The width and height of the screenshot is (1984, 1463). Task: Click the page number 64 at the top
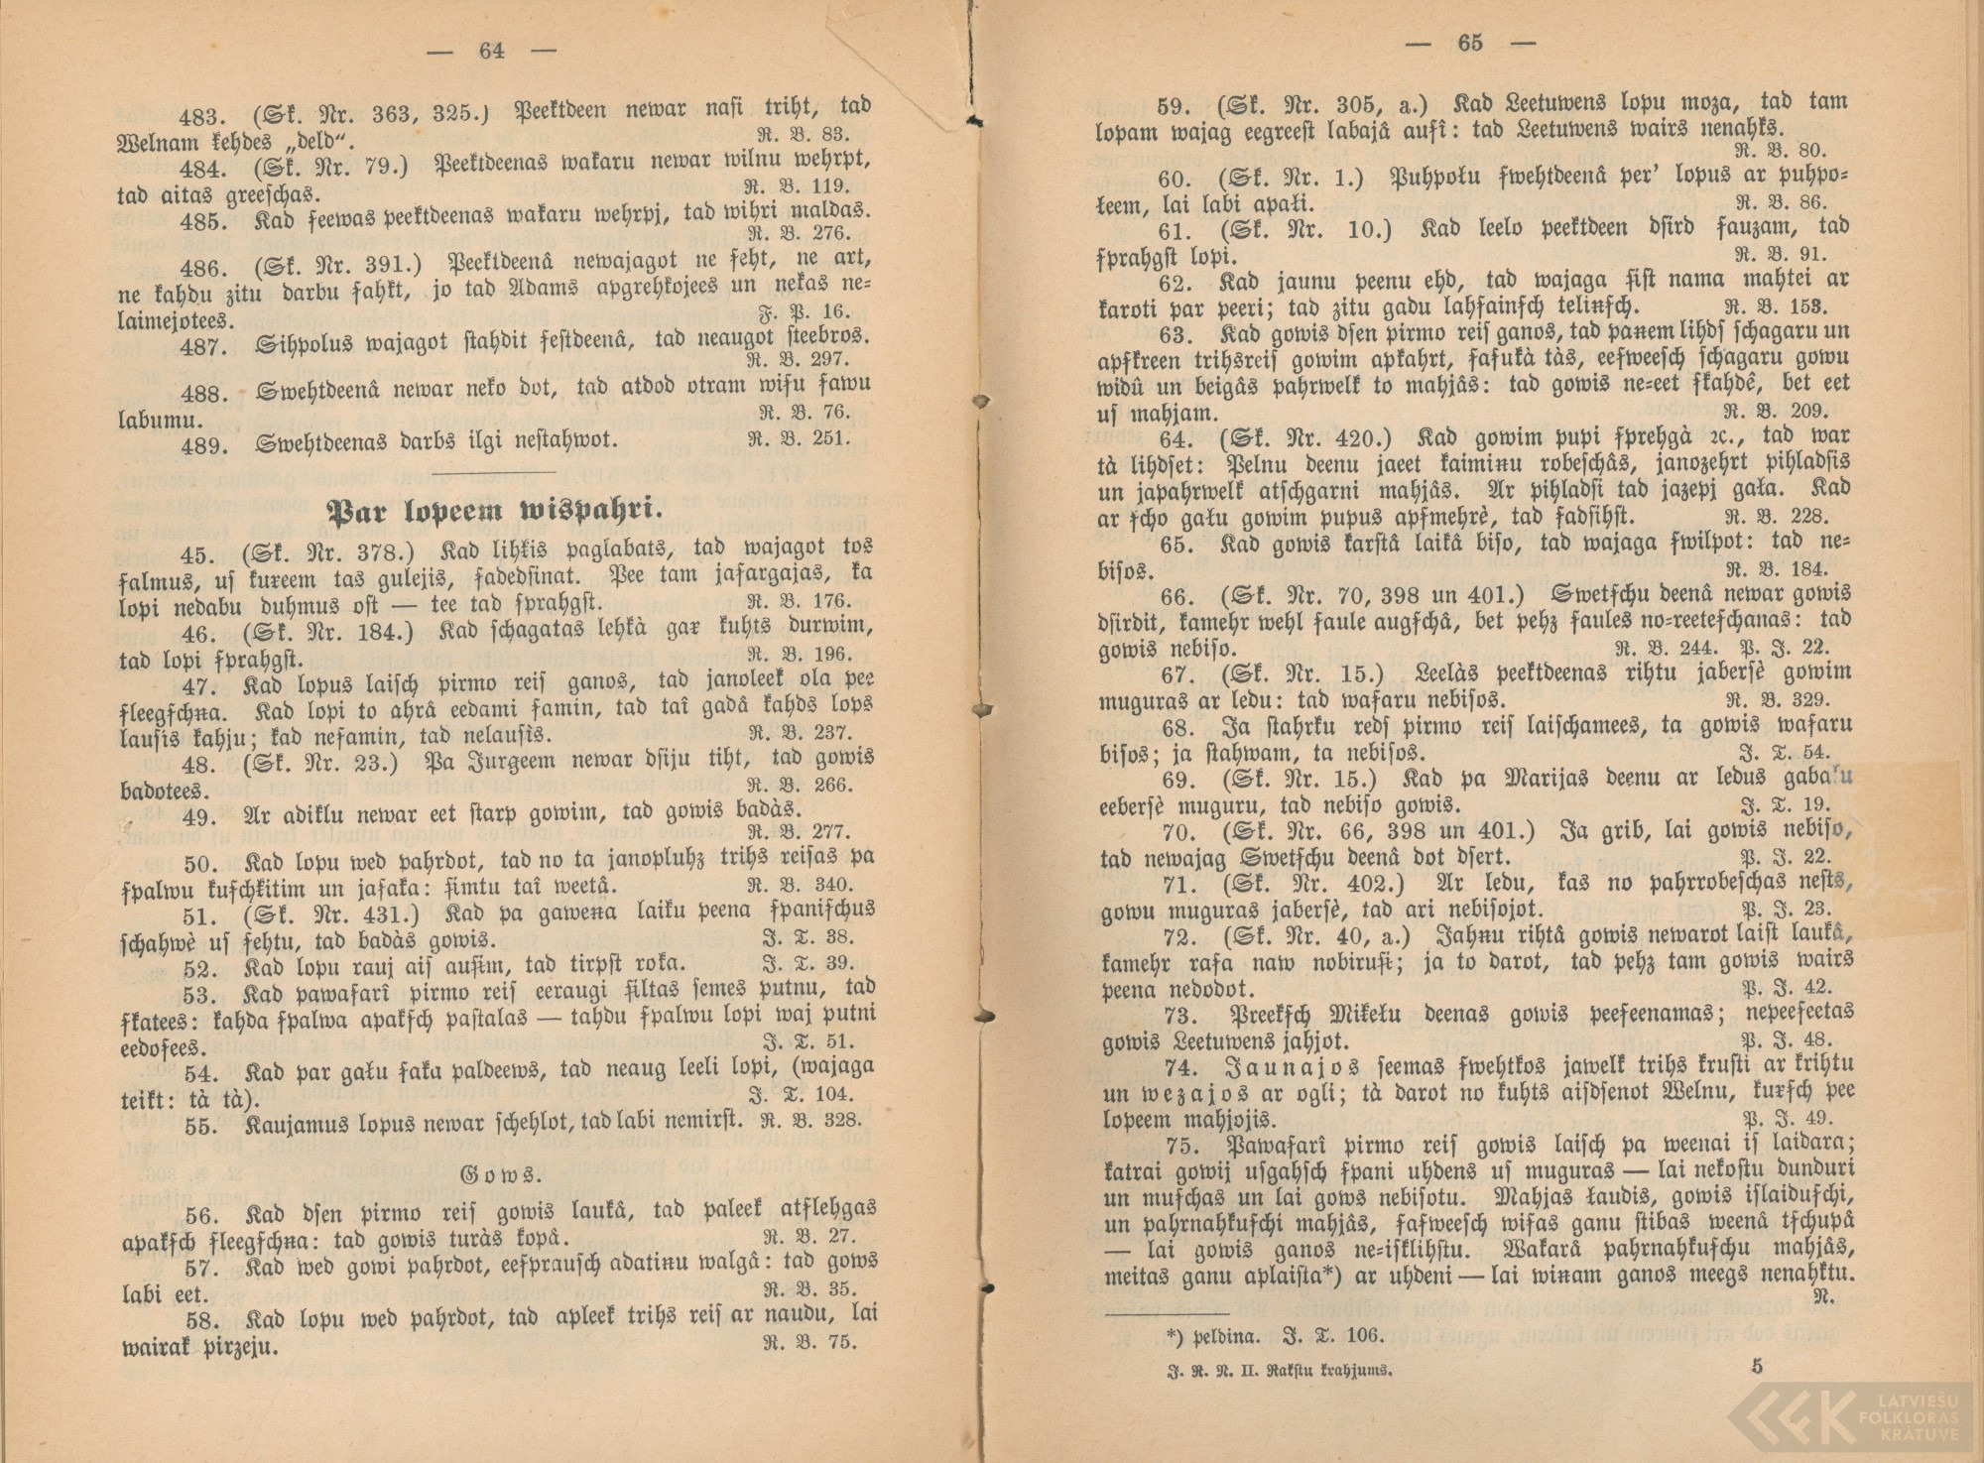[491, 52]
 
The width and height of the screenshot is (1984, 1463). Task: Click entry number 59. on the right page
[1180, 102]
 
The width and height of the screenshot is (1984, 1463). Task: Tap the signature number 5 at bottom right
[1757, 1367]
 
